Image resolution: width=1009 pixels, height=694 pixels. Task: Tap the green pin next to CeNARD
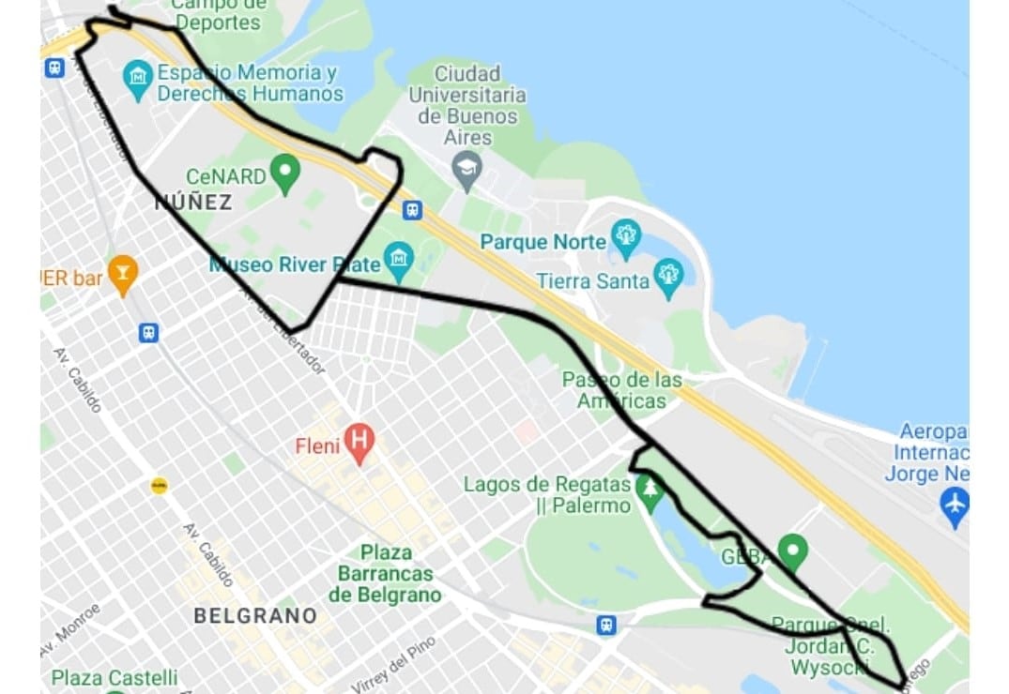(284, 173)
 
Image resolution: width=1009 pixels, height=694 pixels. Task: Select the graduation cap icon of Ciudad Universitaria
(466, 170)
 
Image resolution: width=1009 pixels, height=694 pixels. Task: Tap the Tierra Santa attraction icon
(668, 278)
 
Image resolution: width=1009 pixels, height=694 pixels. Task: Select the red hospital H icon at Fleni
(359, 442)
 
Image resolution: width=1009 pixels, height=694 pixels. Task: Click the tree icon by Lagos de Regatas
(649, 490)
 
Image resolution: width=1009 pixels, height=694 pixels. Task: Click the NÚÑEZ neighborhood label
(192, 202)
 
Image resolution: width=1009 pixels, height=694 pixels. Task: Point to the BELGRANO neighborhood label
(254, 616)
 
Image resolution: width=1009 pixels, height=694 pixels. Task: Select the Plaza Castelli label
(115, 677)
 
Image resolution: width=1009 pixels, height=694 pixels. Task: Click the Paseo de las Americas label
(621, 390)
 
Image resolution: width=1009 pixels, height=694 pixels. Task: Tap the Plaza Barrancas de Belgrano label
(385, 573)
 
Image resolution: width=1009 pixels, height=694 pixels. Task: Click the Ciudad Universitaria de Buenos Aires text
(467, 104)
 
